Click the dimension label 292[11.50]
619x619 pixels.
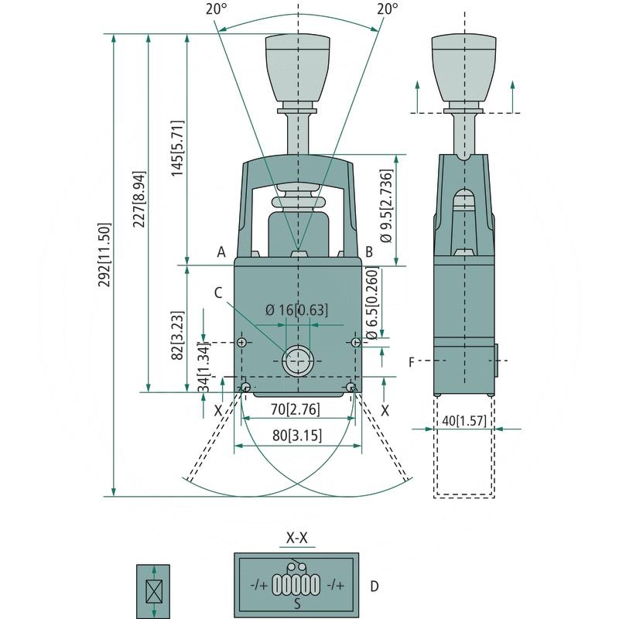(106, 267)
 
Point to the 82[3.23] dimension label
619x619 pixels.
(177, 336)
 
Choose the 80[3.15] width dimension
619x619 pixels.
(297, 435)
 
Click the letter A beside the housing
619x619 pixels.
(221, 251)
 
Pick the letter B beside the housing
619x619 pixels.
(369, 251)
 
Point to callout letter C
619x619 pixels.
(218, 292)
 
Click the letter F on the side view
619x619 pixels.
(412, 361)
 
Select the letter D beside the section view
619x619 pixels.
(374, 586)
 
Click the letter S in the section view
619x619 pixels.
(296, 604)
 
